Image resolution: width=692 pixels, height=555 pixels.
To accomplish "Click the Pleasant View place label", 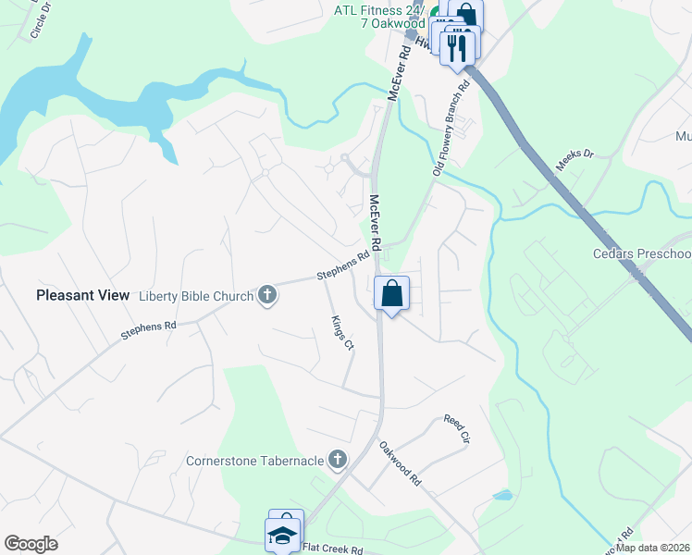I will click(82, 295).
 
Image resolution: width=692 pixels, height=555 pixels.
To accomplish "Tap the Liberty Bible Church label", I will click(195, 296).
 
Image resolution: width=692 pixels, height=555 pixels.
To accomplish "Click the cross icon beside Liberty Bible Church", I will click(267, 295).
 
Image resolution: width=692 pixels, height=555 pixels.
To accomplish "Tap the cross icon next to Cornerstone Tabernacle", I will click(339, 459).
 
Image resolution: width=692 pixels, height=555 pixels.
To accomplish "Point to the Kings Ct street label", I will click(342, 333).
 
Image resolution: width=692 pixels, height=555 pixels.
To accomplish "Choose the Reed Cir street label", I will click(457, 428).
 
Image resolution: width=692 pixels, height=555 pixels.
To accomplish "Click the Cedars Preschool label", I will click(642, 254).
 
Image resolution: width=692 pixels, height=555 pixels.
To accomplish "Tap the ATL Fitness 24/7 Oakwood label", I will click(378, 17).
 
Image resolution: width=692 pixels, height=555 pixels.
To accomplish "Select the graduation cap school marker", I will click(283, 535).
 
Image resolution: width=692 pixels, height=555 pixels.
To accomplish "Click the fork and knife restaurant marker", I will click(456, 46).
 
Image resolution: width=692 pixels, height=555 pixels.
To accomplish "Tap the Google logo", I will click(31, 544).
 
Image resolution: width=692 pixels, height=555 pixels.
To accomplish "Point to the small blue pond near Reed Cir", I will click(502, 495).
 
